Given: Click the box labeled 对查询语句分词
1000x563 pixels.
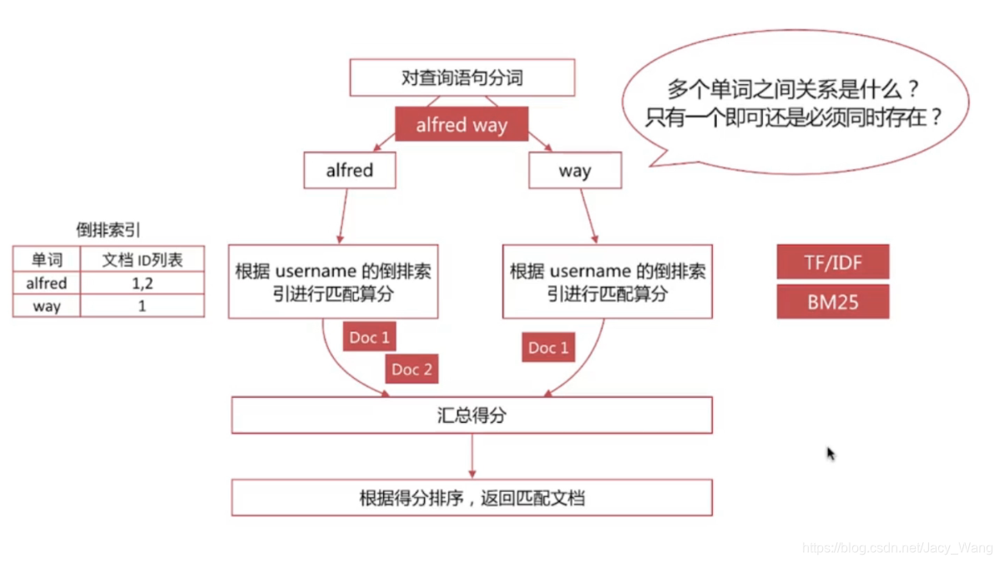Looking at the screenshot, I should pyautogui.click(x=462, y=79).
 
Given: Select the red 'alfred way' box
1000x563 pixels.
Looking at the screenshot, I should pyautogui.click(x=461, y=126).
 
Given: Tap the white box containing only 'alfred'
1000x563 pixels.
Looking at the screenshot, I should pyautogui.click(x=349, y=170).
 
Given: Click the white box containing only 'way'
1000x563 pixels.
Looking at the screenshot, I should pyautogui.click(x=574, y=171).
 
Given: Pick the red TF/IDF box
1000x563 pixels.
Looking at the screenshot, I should pyautogui.click(x=832, y=262).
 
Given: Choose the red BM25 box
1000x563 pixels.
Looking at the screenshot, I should pyautogui.click(x=832, y=302).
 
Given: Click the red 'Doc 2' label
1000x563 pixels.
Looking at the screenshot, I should pyautogui.click(x=412, y=369).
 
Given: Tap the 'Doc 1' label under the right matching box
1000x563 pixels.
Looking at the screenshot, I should pyautogui.click(x=548, y=348).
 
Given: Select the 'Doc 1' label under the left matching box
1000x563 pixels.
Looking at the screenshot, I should pyautogui.click(x=369, y=337).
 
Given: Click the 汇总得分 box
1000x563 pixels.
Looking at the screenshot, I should pyautogui.click(x=472, y=415).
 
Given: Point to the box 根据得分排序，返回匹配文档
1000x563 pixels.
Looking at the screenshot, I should pyautogui.click(x=472, y=498).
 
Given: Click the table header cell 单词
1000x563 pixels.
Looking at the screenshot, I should pyautogui.click(x=47, y=259).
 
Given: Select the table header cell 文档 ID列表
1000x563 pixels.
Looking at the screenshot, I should pyautogui.click(x=142, y=259).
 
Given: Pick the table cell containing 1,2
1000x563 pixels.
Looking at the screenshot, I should pyautogui.click(x=142, y=284).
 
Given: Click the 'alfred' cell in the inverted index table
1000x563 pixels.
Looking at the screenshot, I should pyautogui.click(x=47, y=284).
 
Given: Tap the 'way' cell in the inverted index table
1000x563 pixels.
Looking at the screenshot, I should pyautogui.click(x=47, y=306).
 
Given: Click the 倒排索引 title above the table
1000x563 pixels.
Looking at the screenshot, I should pyautogui.click(x=108, y=230).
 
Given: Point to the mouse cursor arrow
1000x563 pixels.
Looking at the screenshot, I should pyautogui.click(x=831, y=453).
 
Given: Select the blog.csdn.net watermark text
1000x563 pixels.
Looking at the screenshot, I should pyautogui.click(x=897, y=548).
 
